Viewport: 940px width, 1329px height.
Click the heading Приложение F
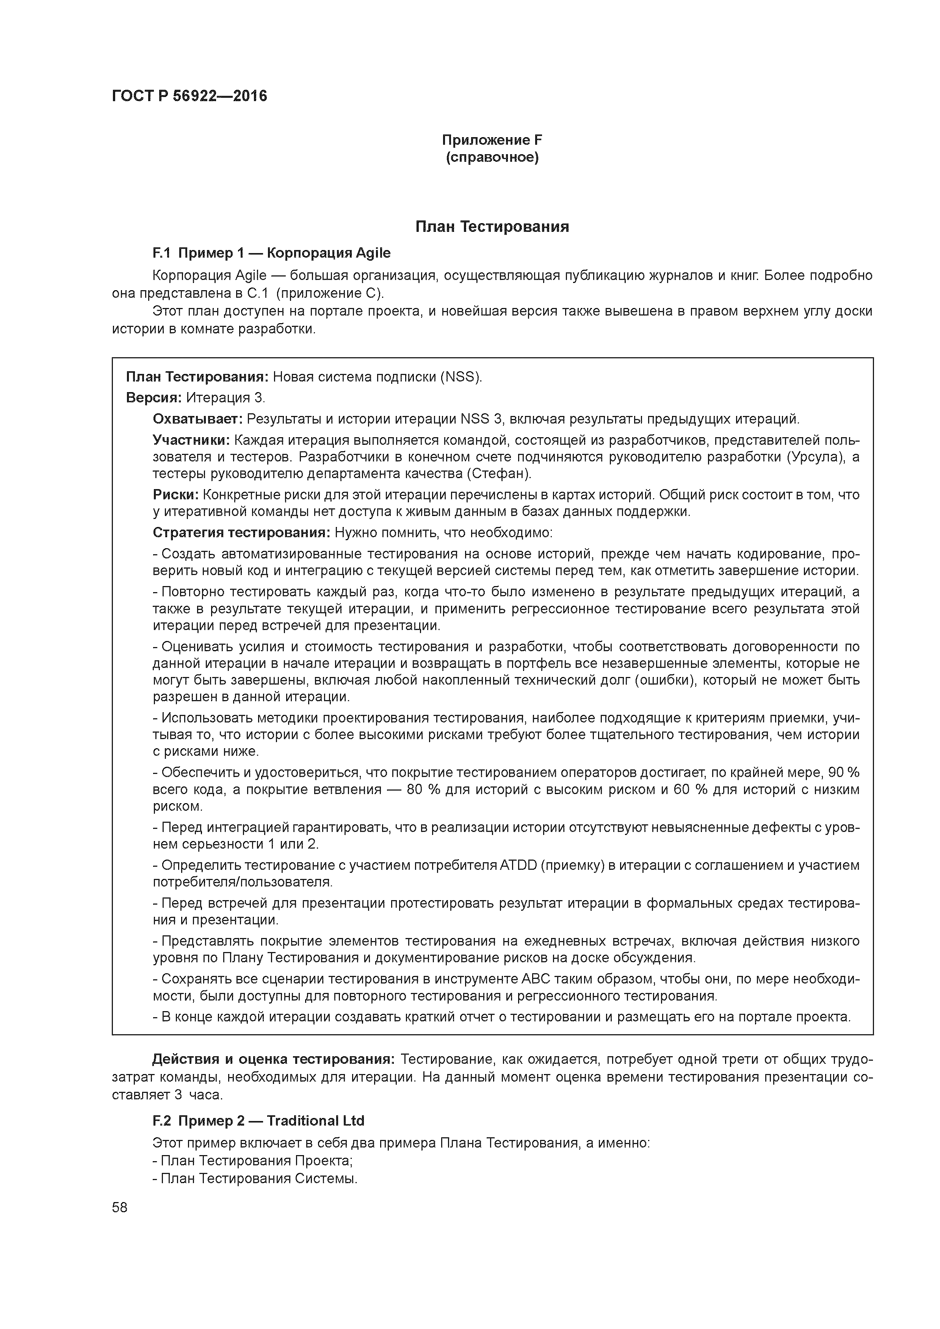point(492,140)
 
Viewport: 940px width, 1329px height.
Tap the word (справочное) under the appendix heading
point(492,158)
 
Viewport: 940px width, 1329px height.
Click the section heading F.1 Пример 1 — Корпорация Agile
point(271,253)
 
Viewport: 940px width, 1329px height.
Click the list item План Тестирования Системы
point(258,1178)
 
